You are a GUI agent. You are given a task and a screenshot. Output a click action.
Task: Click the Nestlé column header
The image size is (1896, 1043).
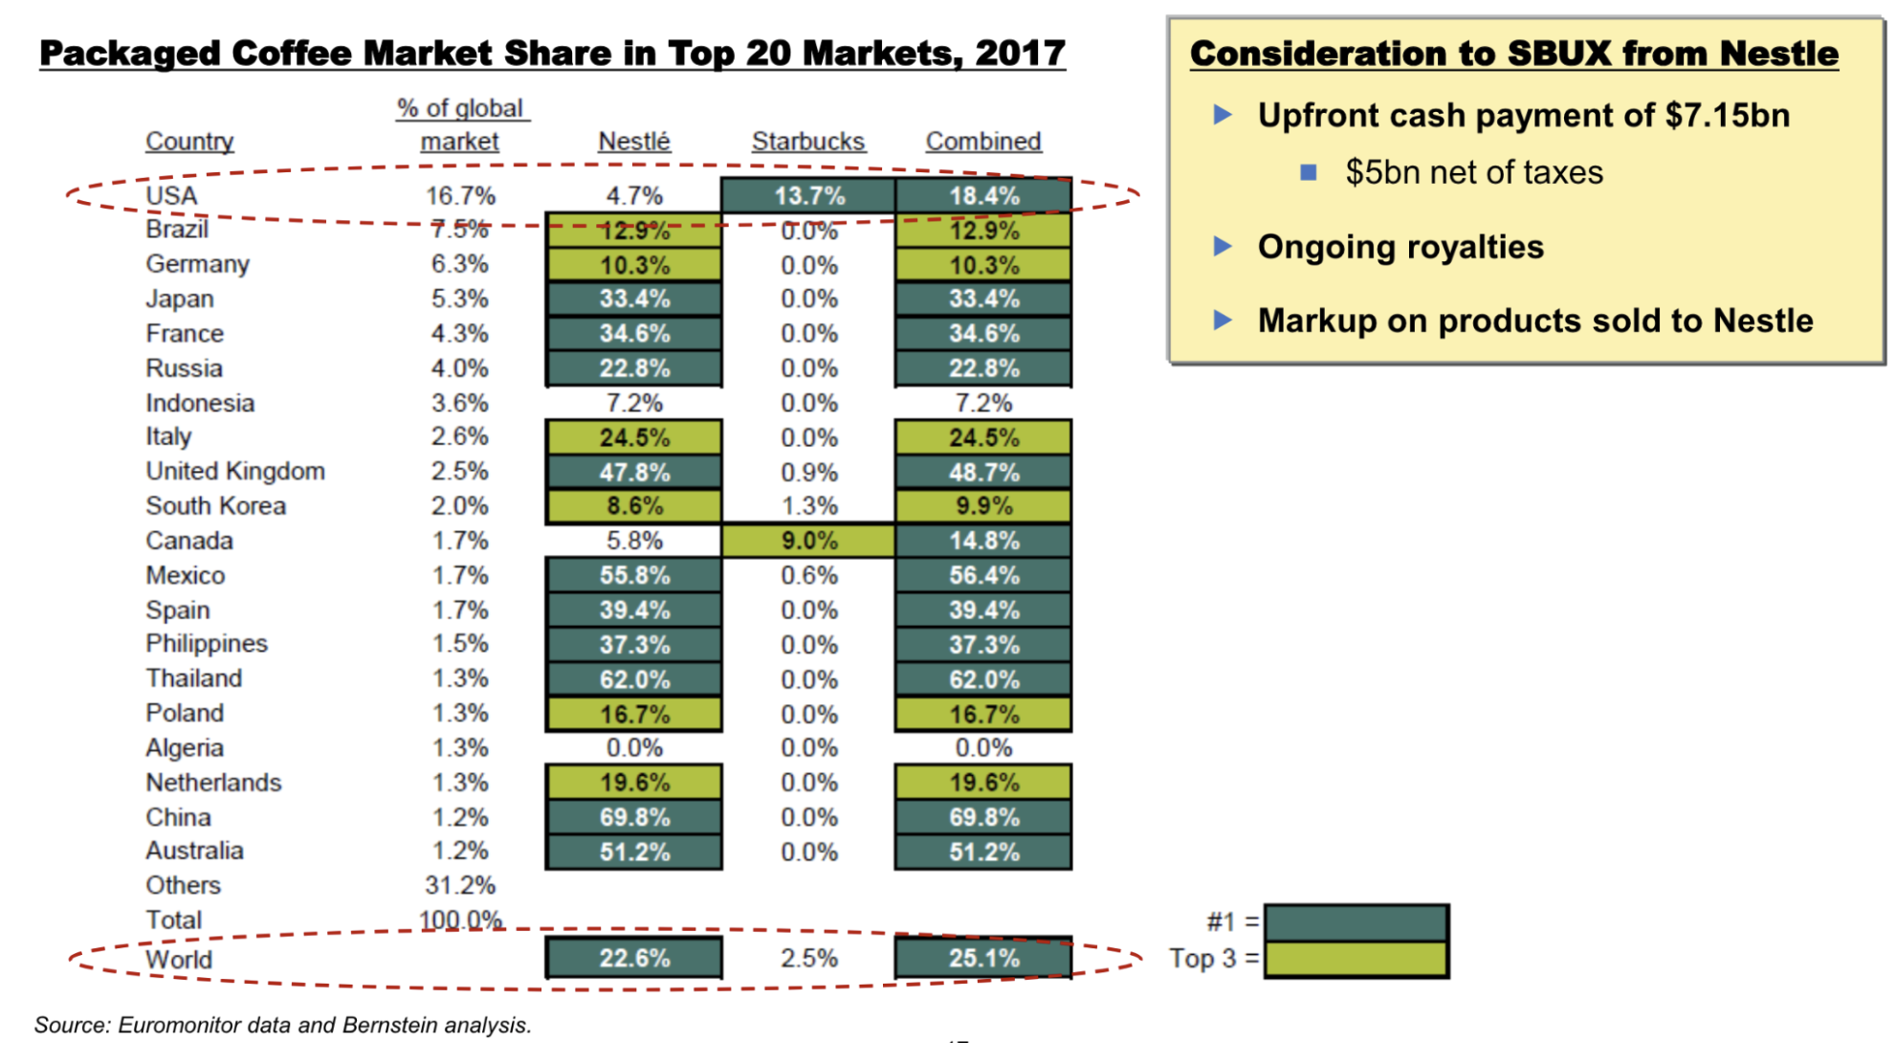pos(633,142)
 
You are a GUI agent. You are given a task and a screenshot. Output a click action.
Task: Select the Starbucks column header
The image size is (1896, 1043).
pos(807,142)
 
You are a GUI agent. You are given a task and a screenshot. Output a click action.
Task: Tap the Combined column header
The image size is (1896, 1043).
pos(982,142)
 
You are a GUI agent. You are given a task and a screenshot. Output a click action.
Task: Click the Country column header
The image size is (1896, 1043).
pos(189,142)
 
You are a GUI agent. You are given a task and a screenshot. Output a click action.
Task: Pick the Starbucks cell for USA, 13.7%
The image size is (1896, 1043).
pos(808,196)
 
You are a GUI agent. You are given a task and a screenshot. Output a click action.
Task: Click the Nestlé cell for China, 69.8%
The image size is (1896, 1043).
pos(633,818)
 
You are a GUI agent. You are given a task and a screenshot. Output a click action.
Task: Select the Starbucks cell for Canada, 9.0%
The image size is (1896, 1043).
pos(808,541)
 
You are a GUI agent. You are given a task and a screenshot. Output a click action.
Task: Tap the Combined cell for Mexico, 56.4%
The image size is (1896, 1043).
pos(982,576)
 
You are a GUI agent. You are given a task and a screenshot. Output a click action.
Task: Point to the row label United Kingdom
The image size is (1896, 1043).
pos(235,472)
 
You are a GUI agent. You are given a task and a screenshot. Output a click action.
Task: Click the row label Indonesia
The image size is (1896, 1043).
pos(200,403)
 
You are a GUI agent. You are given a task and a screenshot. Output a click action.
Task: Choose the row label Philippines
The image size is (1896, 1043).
pos(207,644)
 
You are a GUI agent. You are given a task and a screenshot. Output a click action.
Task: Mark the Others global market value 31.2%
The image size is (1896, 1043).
pos(460,886)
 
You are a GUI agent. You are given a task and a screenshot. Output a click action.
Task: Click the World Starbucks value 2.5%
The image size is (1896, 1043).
pos(808,959)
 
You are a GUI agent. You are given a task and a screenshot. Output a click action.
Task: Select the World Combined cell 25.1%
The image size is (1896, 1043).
pos(982,959)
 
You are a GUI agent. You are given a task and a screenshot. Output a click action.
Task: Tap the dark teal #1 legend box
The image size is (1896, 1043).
pos(1356,922)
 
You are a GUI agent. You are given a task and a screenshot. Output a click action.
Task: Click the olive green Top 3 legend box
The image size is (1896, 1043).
pos(1356,960)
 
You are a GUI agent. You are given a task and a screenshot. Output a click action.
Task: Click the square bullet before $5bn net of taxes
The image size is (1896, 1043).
pos(1309,172)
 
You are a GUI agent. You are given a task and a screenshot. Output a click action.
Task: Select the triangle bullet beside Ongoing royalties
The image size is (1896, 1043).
pos(1223,247)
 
